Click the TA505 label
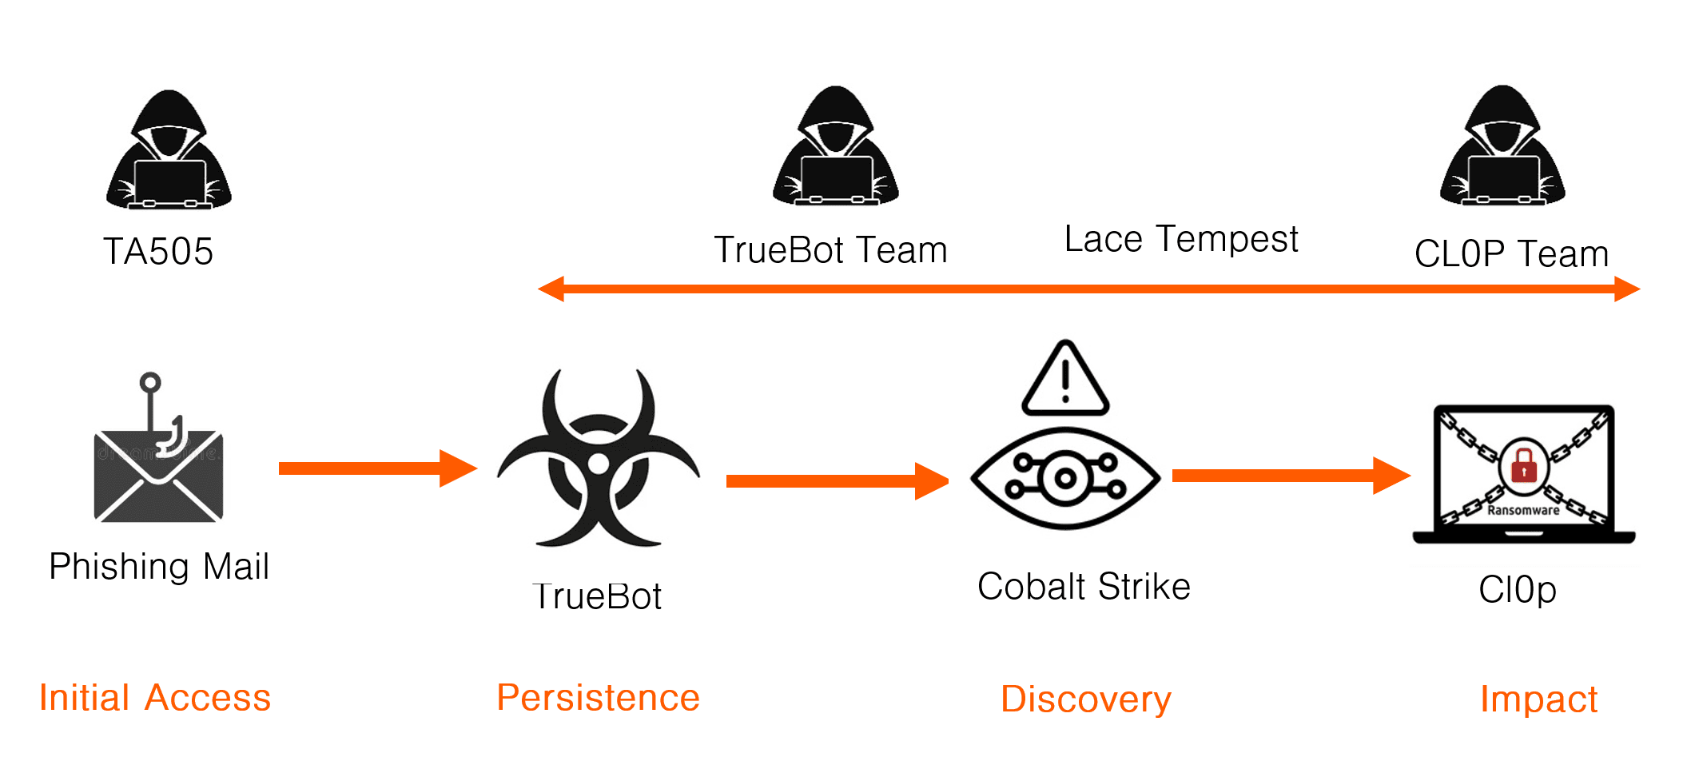point(158,252)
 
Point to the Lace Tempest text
point(1181,239)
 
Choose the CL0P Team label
point(1511,254)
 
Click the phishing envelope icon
point(158,477)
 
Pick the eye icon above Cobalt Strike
point(1065,479)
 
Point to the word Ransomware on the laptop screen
point(1523,510)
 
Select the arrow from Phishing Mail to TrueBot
point(376,468)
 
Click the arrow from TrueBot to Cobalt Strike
point(836,480)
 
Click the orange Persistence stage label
point(598,698)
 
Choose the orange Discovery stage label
point(1086,699)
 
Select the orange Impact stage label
point(1538,699)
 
